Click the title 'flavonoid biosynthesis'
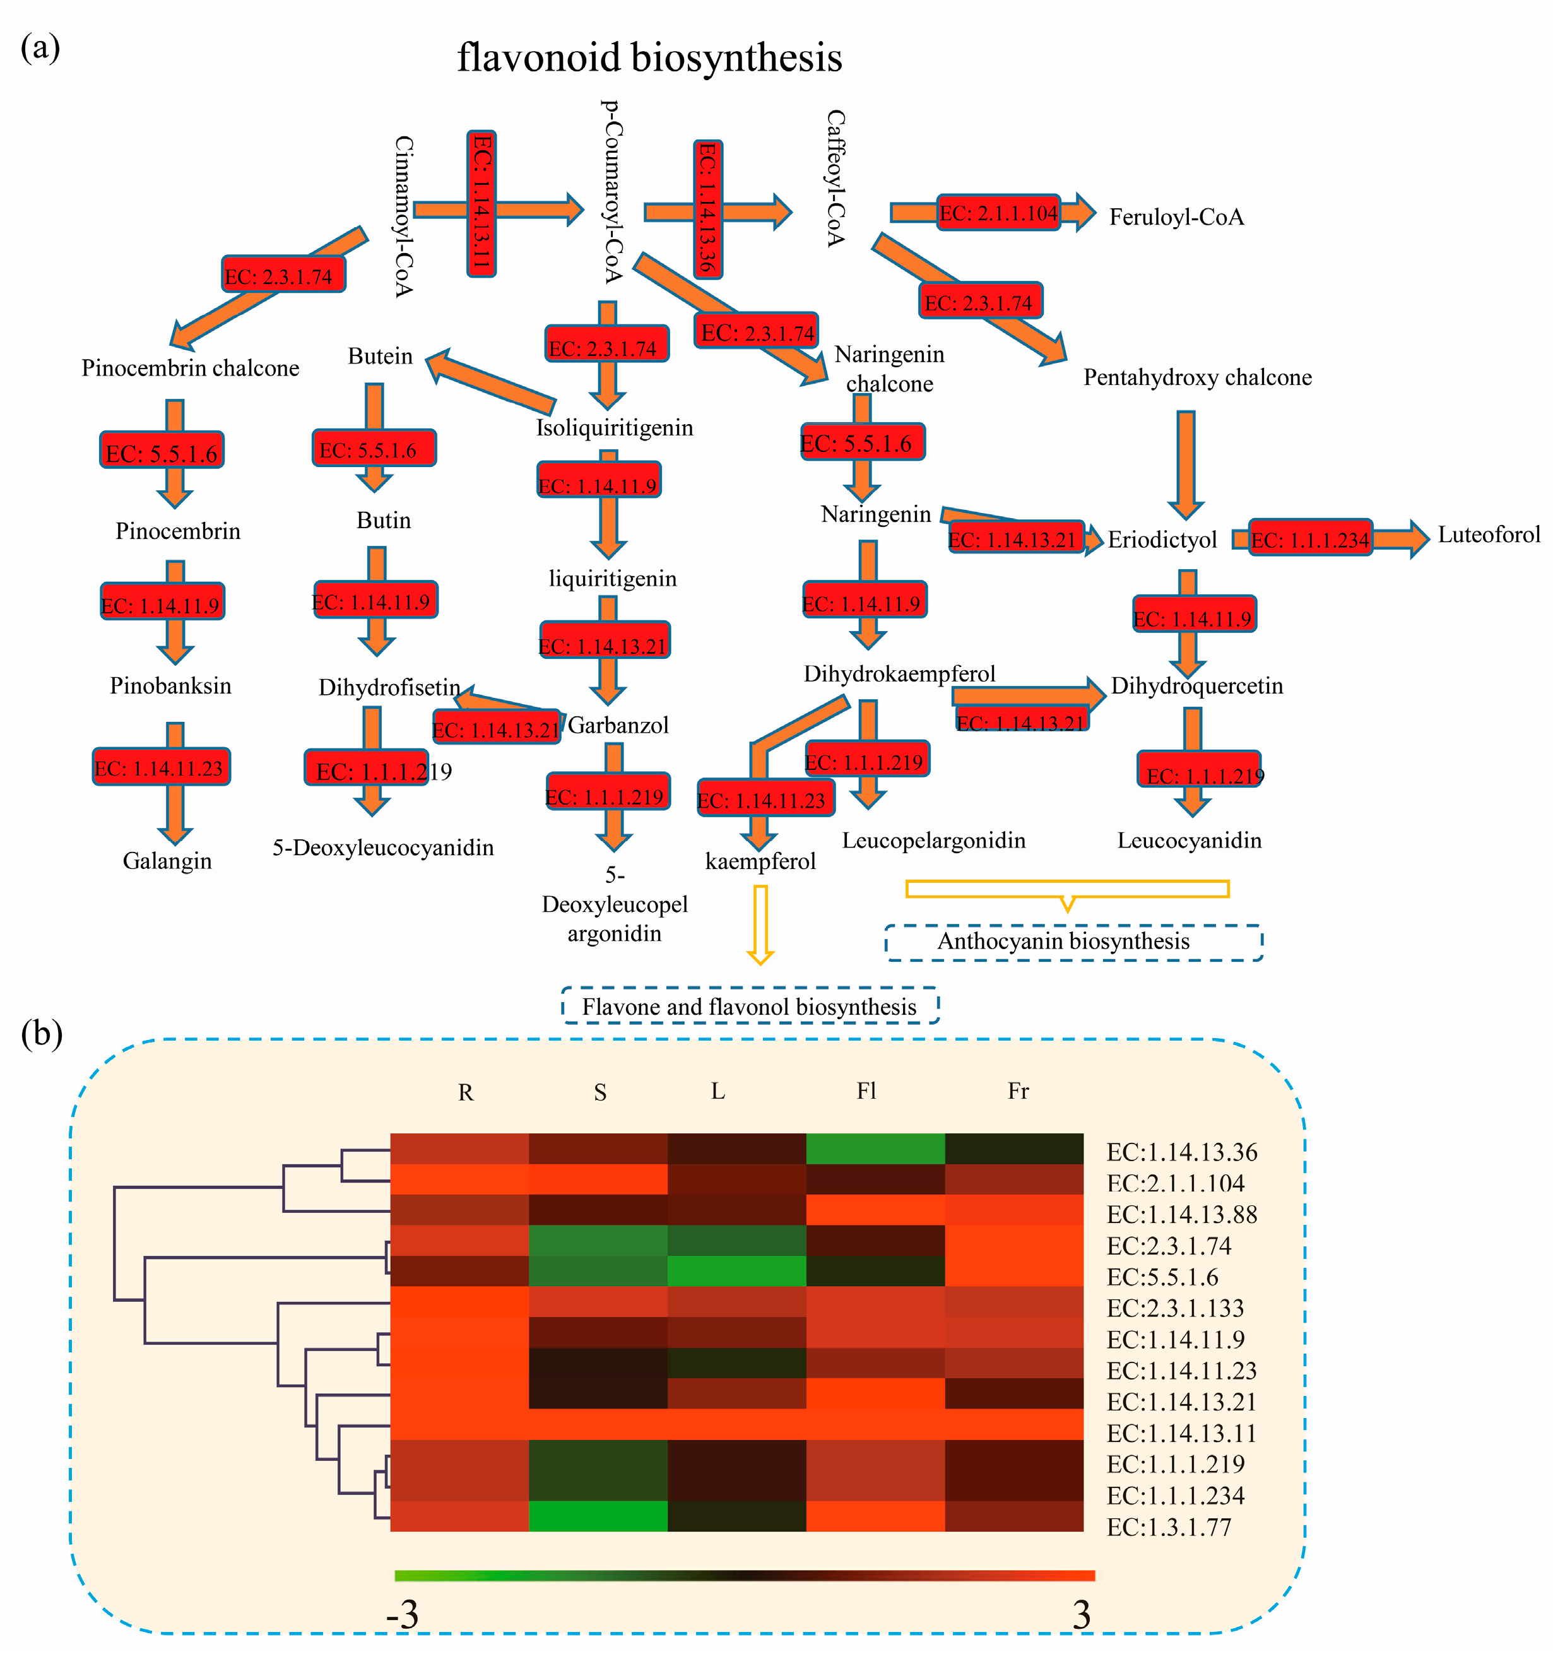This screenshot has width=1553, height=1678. click(x=649, y=58)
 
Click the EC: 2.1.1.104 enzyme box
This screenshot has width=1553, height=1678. click(x=998, y=213)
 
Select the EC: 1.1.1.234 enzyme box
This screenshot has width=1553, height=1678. click(x=1310, y=540)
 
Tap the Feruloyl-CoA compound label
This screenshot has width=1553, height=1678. click(x=1176, y=217)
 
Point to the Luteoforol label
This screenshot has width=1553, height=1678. click(x=1488, y=535)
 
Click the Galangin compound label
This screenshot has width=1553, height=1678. click(x=167, y=860)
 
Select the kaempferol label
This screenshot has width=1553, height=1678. click(x=760, y=861)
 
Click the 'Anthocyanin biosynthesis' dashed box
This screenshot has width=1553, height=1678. click(x=1073, y=942)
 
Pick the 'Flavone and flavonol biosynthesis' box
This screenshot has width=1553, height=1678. click(x=750, y=1007)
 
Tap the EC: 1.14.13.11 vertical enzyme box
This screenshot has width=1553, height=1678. click(x=481, y=203)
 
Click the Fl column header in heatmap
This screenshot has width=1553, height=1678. click(x=866, y=1090)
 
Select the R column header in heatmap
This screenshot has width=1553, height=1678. click(x=466, y=1092)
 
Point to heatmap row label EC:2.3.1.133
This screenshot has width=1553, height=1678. click(x=1175, y=1308)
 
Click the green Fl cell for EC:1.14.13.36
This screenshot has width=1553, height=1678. click(x=875, y=1149)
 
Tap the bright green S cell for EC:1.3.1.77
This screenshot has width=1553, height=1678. click(x=598, y=1516)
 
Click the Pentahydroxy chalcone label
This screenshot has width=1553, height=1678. click(x=1196, y=377)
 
